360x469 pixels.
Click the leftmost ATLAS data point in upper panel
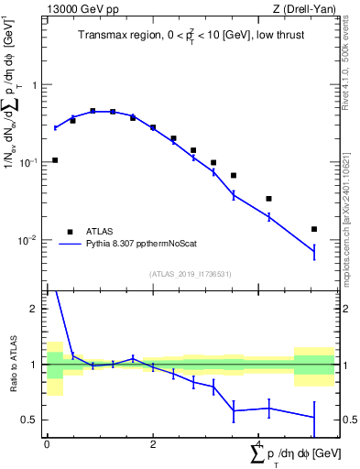(55, 160)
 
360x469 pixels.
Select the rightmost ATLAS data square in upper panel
(314, 229)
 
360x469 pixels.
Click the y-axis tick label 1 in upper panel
(35, 85)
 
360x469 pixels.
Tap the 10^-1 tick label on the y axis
(30, 162)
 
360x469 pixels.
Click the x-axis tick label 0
(47, 444)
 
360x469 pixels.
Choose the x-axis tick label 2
(153, 444)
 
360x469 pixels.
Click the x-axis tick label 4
(259, 444)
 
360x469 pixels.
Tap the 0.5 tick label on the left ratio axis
(32, 420)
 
